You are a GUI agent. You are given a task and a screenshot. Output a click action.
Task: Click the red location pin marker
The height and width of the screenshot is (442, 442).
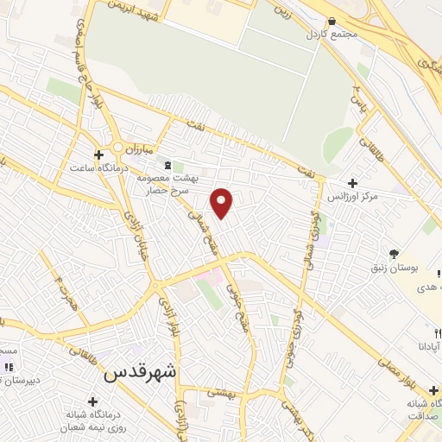[x=222, y=202]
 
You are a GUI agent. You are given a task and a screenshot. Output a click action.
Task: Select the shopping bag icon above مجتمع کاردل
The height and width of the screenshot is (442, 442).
[x=332, y=21]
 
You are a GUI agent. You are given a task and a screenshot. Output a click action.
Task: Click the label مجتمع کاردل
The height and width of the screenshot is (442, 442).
[x=332, y=34]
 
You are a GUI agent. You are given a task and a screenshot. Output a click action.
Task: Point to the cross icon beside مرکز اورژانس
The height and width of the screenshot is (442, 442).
[x=352, y=183]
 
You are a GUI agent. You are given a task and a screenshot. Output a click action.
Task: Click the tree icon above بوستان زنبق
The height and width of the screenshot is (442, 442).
[x=395, y=254]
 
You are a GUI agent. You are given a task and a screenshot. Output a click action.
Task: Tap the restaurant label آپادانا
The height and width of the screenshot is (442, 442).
[x=426, y=344]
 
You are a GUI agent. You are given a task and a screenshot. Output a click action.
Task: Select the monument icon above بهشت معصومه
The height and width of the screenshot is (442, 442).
[x=167, y=165]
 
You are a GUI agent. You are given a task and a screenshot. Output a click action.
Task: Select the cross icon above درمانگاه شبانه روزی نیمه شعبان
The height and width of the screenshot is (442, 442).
[x=92, y=401]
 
